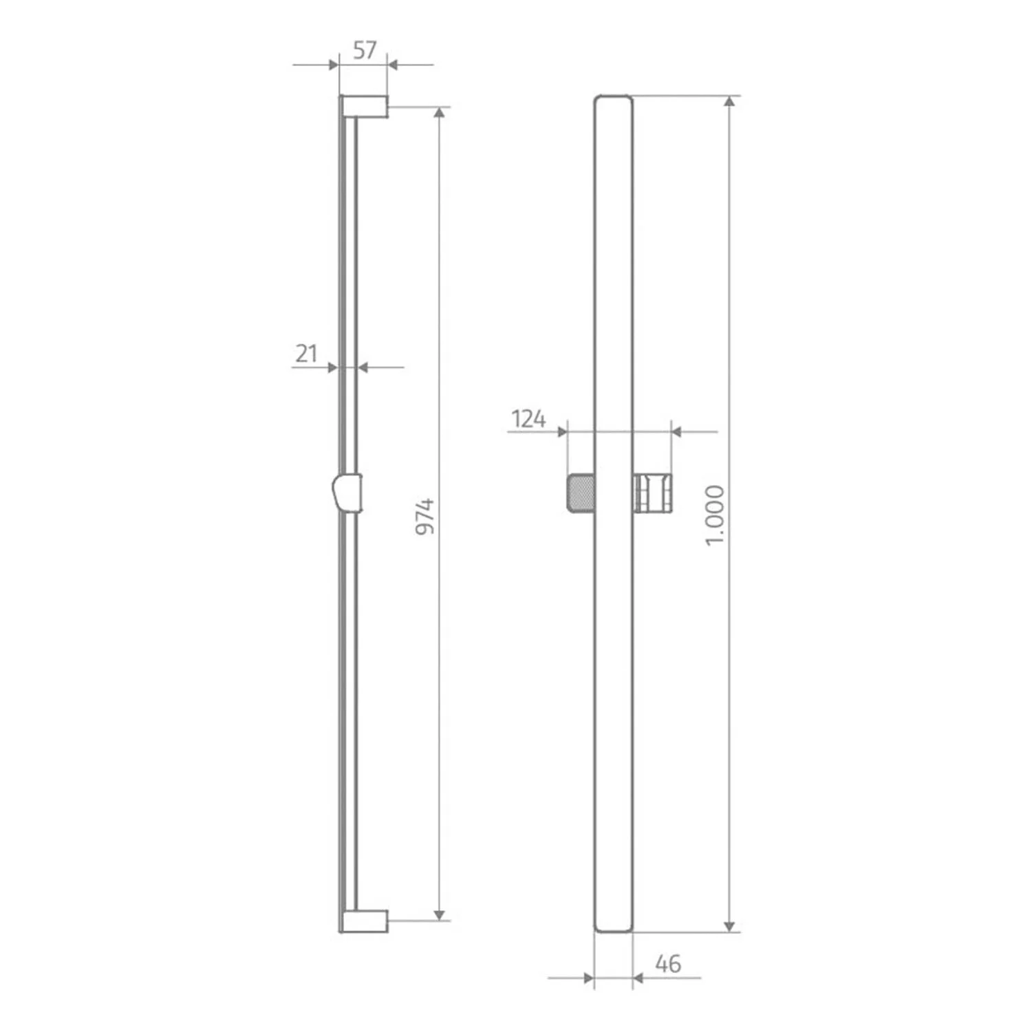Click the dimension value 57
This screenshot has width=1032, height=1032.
click(x=365, y=50)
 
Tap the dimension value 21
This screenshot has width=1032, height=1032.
click(x=307, y=354)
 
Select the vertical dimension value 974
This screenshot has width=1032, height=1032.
click(x=426, y=517)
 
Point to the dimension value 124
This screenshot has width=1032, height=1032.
click(x=528, y=418)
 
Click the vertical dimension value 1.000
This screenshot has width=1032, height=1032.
click(x=716, y=515)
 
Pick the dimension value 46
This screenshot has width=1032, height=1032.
click(x=667, y=964)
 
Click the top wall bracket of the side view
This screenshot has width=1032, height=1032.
click(x=364, y=106)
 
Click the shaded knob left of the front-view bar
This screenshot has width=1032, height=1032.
click(x=581, y=493)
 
